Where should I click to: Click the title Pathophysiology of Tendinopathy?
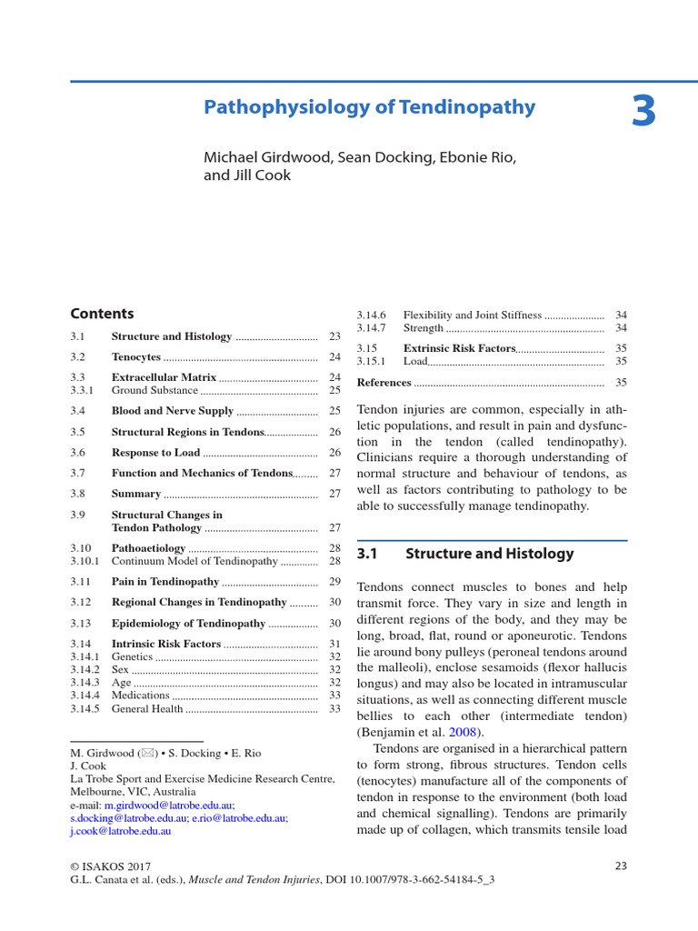(x=369, y=108)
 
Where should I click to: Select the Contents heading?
(x=102, y=314)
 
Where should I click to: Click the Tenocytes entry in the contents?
(x=135, y=357)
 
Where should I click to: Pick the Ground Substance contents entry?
(x=154, y=390)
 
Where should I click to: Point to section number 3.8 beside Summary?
(x=78, y=494)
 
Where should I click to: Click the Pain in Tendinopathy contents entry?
(x=165, y=582)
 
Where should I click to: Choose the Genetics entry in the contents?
(x=132, y=656)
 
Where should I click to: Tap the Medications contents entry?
(x=140, y=696)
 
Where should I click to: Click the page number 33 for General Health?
(x=334, y=709)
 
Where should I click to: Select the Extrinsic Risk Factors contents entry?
(x=459, y=348)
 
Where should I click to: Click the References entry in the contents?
(x=384, y=383)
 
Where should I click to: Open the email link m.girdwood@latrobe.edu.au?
(x=169, y=806)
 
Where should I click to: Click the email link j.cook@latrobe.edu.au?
(x=121, y=831)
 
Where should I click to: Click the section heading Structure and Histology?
(x=489, y=554)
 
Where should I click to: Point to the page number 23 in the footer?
(x=621, y=866)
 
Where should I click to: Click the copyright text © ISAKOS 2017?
(x=109, y=866)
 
